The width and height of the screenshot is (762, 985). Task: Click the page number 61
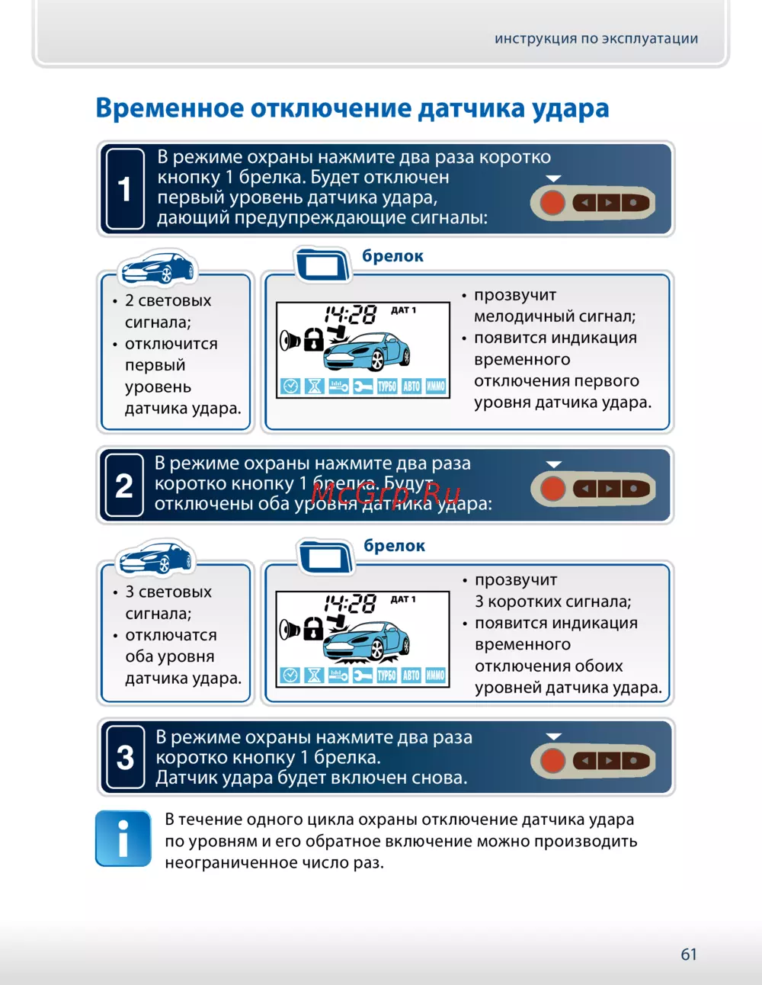click(x=689, y=954)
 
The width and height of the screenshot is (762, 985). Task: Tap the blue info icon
click(x=123, y=839)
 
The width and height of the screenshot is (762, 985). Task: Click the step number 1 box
click(x=125, y=188)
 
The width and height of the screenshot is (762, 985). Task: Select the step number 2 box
click(x=124, y=485)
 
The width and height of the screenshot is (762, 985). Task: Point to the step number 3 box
click(x=125, y=757)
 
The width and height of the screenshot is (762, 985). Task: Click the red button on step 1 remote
click(x=552, y=203)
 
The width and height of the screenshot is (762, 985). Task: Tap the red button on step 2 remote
click(x=552, y=489)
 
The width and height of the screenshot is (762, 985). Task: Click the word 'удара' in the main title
click(x=570, y=108)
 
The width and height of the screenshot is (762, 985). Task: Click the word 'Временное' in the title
click(x=169, y=108)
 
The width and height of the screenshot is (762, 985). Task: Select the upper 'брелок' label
click(x=392, y=256)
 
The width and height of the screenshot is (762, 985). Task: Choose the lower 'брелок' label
click(x=394, y=545)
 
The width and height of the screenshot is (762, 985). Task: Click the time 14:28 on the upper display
click(x=351, y=314)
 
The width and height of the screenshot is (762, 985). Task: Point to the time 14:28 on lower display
click(x=351, y=603)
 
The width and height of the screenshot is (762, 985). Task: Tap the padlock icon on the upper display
click(x=313, y=339)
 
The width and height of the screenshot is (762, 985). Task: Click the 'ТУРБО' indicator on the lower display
click(x=386, y=675)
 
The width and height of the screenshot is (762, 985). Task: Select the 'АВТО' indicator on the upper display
click(x=411, y=387)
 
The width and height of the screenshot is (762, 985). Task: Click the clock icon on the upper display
click(x=290, y=387)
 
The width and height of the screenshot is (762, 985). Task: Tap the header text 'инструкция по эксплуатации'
click(x=596, y=38)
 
